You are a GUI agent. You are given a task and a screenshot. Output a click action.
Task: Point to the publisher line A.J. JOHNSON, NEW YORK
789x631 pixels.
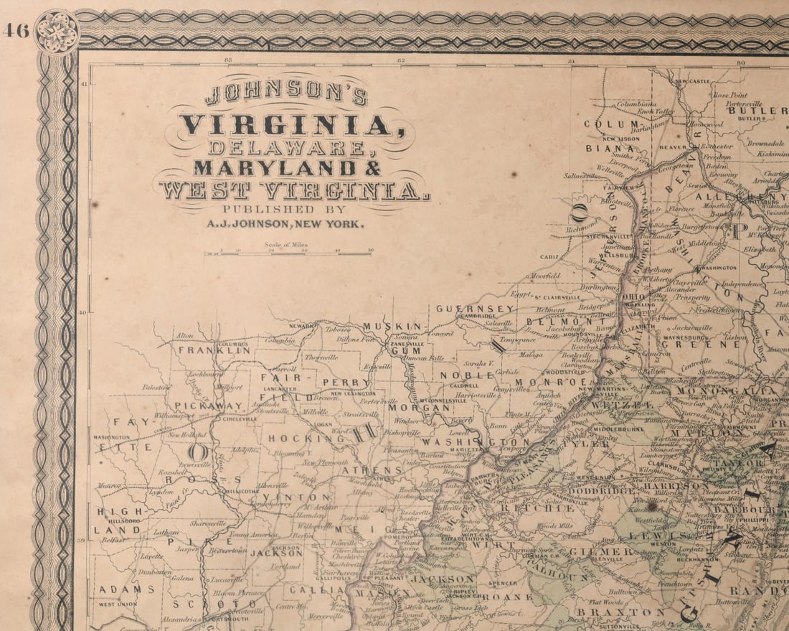[285, 223]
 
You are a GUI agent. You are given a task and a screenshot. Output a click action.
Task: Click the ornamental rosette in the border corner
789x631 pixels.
[57, 32]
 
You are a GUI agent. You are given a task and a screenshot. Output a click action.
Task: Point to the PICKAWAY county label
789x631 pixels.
[195, 406]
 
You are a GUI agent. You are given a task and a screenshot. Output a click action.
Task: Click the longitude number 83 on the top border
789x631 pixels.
[229, 60]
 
